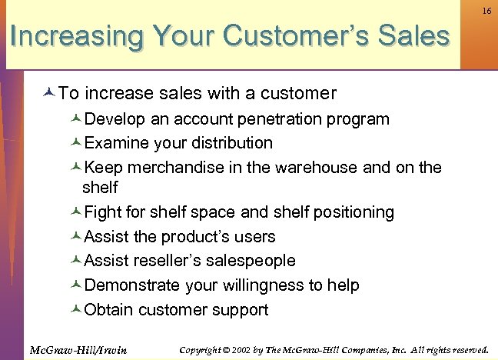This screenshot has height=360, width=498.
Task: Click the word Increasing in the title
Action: click(x=78, y=36)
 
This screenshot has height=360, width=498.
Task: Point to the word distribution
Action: click(x=231, y=143)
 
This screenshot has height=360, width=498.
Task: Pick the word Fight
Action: click(x=101, y=212)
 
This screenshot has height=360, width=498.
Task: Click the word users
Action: click(x=252, y=236)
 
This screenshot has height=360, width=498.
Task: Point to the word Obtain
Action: click(x=108, y=310)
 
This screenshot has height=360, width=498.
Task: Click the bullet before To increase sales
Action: click(x=50, y=94)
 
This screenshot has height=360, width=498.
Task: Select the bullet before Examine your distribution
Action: click(x=76, y=144)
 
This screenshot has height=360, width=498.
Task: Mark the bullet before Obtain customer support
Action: click(x=76, y=311)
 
